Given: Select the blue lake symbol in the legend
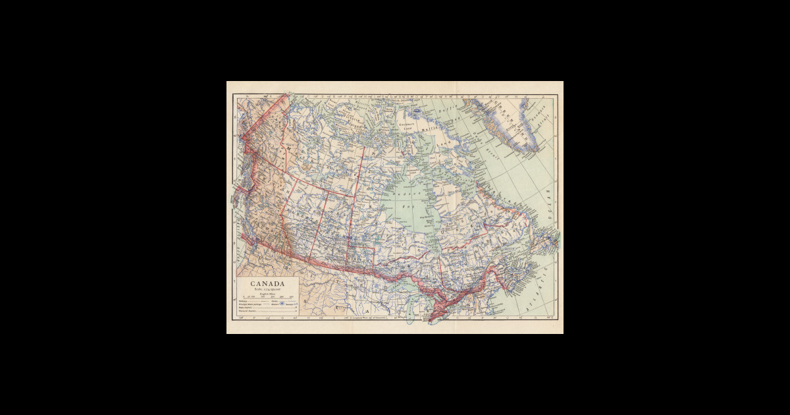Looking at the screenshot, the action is (282, 304).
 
